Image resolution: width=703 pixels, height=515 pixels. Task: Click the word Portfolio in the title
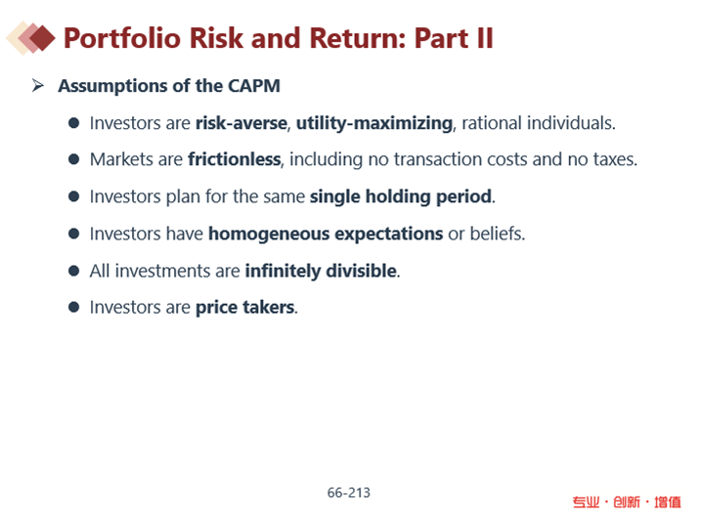coord(122,38)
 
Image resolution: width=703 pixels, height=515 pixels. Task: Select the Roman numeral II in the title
coord(485,38)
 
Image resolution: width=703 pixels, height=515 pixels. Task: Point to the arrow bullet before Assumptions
coord(38,85)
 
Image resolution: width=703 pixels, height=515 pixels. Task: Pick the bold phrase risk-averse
coord(242,123)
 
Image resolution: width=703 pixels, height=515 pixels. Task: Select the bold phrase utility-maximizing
coord(374,124)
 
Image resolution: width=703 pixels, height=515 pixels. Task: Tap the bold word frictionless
coord(235,159)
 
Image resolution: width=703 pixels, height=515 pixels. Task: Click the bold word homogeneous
coord(269,235)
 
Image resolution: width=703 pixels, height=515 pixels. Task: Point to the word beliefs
coord(498,234)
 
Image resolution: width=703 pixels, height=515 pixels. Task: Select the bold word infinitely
coord(283,271)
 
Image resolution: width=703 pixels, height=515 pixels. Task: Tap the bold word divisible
coord(362,271)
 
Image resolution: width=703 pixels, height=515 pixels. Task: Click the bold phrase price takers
coord(245,308)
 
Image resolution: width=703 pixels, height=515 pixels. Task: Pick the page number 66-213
coord(349,493)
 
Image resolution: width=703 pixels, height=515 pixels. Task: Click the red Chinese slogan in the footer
coord(627,502)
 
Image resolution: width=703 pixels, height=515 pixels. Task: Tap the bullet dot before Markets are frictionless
coord(74,159)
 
